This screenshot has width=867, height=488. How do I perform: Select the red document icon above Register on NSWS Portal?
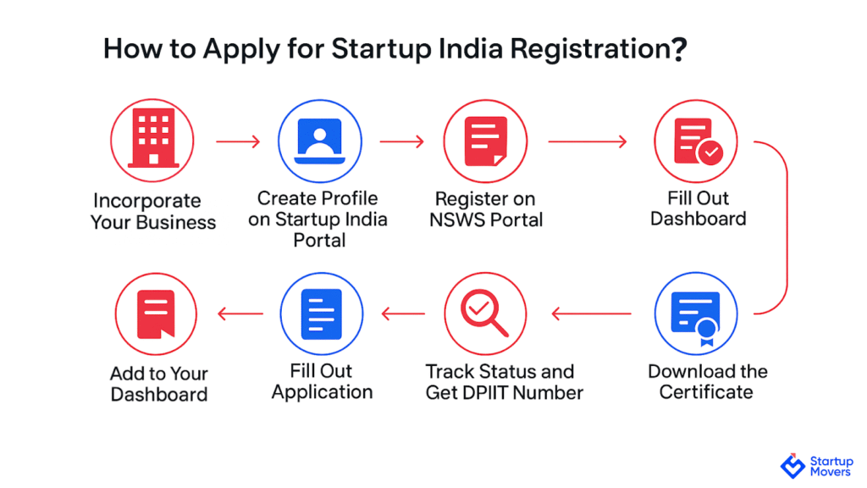point(485,141)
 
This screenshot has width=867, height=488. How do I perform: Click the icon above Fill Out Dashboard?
point(696,141)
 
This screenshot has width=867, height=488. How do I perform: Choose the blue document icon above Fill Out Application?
point(321,313)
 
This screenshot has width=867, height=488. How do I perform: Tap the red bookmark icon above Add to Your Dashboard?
point(156,313)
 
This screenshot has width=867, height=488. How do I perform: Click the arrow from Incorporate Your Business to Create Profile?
point(238,141)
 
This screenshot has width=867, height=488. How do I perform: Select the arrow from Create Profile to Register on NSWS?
point(402,141)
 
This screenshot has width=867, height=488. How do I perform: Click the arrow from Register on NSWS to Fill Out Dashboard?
point(588,141)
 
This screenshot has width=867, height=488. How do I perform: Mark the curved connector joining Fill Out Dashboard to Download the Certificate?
point(787,227)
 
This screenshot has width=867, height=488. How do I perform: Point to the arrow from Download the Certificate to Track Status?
point(591,313)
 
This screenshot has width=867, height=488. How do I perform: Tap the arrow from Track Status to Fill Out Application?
point(403,313)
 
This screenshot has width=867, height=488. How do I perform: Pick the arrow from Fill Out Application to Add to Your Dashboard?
point(240,313)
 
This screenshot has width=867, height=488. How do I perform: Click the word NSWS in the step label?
point(458,220)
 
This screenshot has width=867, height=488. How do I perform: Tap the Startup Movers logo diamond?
point(792,466)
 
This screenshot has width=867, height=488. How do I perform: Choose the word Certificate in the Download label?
point(706,392)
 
